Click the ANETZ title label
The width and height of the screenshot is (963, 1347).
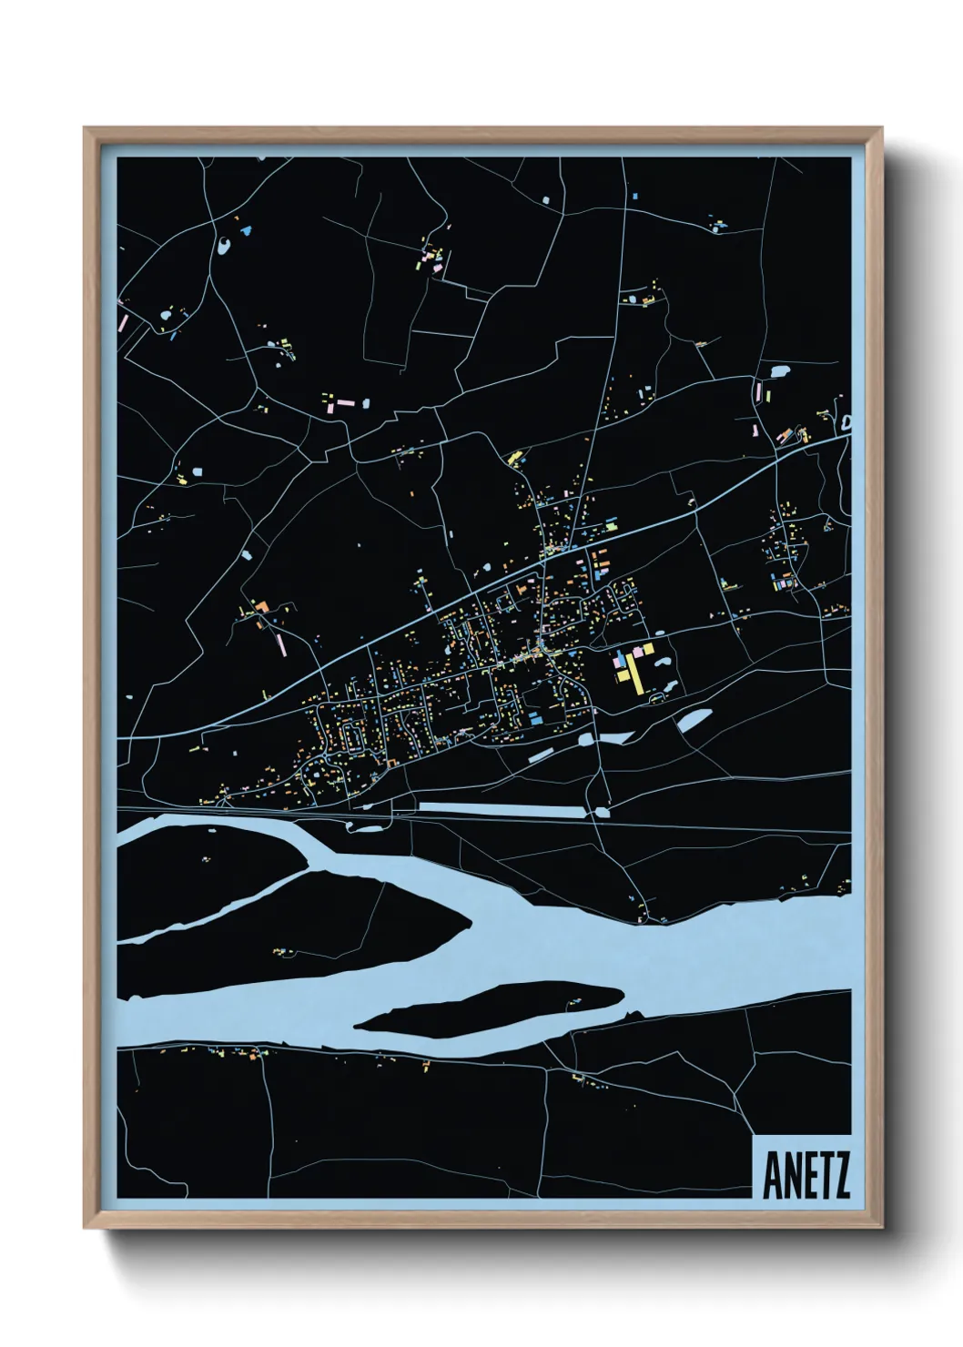[x=806, y=1175]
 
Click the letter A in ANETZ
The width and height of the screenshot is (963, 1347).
[x=772, y=1175]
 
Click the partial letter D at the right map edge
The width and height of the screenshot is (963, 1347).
[x=846, y=423]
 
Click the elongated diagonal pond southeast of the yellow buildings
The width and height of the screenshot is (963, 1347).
[x=694, y=719]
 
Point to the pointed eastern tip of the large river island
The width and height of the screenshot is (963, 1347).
[x=470, y=924]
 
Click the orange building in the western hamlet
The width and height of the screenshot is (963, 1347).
[x=262, y=606]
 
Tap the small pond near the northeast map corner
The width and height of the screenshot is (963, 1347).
[x=779, y=371]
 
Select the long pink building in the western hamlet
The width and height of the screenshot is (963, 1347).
[x=280, y=643]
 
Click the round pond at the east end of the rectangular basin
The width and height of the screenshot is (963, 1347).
[x=602, y=810]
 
